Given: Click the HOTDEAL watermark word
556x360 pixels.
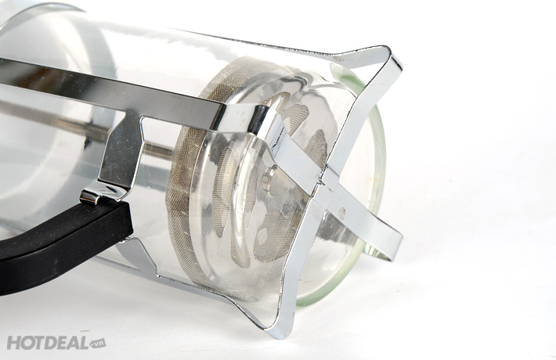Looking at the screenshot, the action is tap(48, 343).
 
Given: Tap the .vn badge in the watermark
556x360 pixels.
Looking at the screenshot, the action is tap(98, 343).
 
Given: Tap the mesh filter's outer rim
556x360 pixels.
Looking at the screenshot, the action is tap(184, 177).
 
